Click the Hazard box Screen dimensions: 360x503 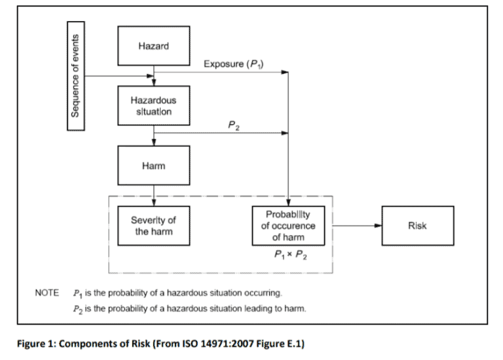click(154, 46)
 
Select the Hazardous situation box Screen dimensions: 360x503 click(154, 105)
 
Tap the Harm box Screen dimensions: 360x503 click(154, 165)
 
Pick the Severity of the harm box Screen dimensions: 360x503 click(154, 225)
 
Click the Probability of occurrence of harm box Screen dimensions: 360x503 click(288, 225)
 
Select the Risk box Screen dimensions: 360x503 click(417, 225)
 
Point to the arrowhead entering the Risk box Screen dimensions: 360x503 click(379, 225)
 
